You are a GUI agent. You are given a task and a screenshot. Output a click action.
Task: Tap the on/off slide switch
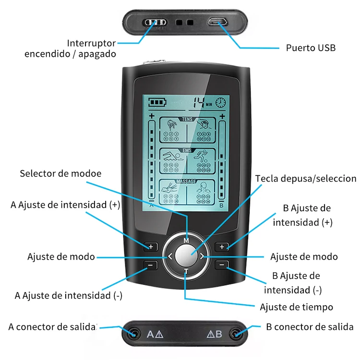156,22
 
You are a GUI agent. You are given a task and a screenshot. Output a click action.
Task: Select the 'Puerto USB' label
311,48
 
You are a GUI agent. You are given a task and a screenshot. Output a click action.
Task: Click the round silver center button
186,256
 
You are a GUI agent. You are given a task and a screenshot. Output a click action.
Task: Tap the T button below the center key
186,272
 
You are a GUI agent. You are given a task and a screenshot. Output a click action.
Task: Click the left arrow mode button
169,256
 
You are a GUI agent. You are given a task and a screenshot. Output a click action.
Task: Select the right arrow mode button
202,256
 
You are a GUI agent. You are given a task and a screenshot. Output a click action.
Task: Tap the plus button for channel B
221,247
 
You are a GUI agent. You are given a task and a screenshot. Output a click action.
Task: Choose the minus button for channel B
221,264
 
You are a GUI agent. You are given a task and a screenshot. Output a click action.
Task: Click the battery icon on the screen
156,102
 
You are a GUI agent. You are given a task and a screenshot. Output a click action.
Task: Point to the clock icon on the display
220,102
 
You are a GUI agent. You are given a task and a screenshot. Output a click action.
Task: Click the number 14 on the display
198,102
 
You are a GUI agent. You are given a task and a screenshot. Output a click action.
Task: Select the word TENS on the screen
186,119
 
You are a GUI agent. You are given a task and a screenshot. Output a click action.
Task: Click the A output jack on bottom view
132,333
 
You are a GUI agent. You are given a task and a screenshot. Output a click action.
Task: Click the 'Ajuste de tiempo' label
296,307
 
